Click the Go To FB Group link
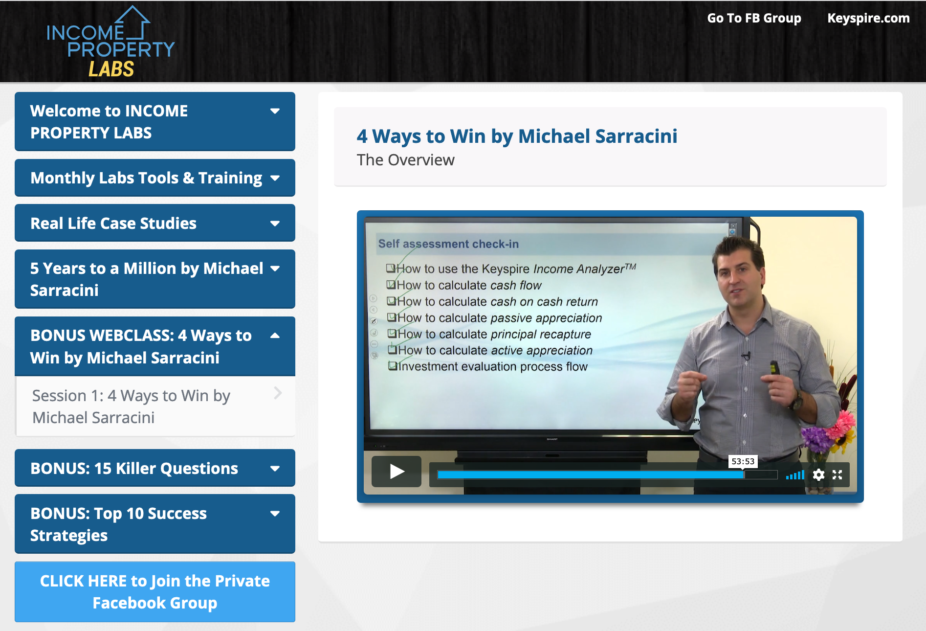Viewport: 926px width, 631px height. coord(754,18)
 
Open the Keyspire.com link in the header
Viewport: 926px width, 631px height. coord(868,18)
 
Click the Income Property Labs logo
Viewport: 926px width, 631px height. coord(111,43)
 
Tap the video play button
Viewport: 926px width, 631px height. coord(397,472)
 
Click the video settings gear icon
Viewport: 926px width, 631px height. coord(818,474)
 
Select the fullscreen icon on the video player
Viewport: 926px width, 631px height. coord(837,474)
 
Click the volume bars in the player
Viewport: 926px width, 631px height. coord(795,475)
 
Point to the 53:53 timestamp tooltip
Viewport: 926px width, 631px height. coord(743,461)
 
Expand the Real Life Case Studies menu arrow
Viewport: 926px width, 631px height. coord(275,224)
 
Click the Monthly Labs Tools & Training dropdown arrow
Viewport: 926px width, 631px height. coord(275,178)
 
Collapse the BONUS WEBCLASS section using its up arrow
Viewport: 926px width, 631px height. coord(275,336)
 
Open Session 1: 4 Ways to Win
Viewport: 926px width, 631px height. coord(131,406)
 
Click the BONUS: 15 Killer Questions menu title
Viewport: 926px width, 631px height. coord(134,469)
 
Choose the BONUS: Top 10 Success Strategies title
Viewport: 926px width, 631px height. coord(118,524)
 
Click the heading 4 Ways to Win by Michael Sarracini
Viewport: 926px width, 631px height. coord(517,136)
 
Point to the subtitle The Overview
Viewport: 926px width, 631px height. coord(405,160)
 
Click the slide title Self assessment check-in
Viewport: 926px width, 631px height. coord(448,244)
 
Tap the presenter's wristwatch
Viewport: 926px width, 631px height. coord(798,402)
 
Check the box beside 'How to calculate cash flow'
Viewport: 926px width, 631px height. coord(391,285)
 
